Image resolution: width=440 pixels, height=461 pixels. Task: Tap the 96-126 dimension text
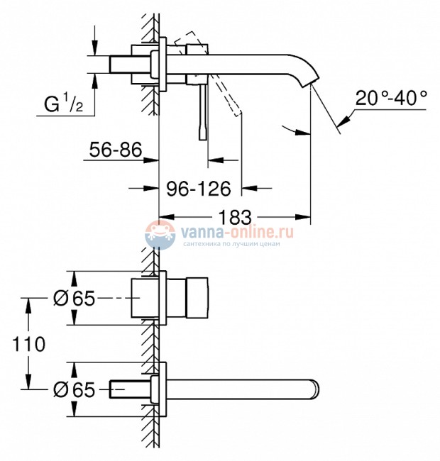tap(199, 189)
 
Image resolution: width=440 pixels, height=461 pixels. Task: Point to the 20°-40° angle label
tap(392, 99)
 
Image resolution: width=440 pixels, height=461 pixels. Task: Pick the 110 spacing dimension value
tap(28, 344)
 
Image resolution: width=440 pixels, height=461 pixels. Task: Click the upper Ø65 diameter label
tap(74, 299)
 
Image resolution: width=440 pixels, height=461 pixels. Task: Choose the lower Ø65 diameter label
tap(74, 389)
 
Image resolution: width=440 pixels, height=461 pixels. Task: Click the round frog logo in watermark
tap(160, 234)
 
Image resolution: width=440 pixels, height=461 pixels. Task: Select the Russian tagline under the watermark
tap(231, 243)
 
